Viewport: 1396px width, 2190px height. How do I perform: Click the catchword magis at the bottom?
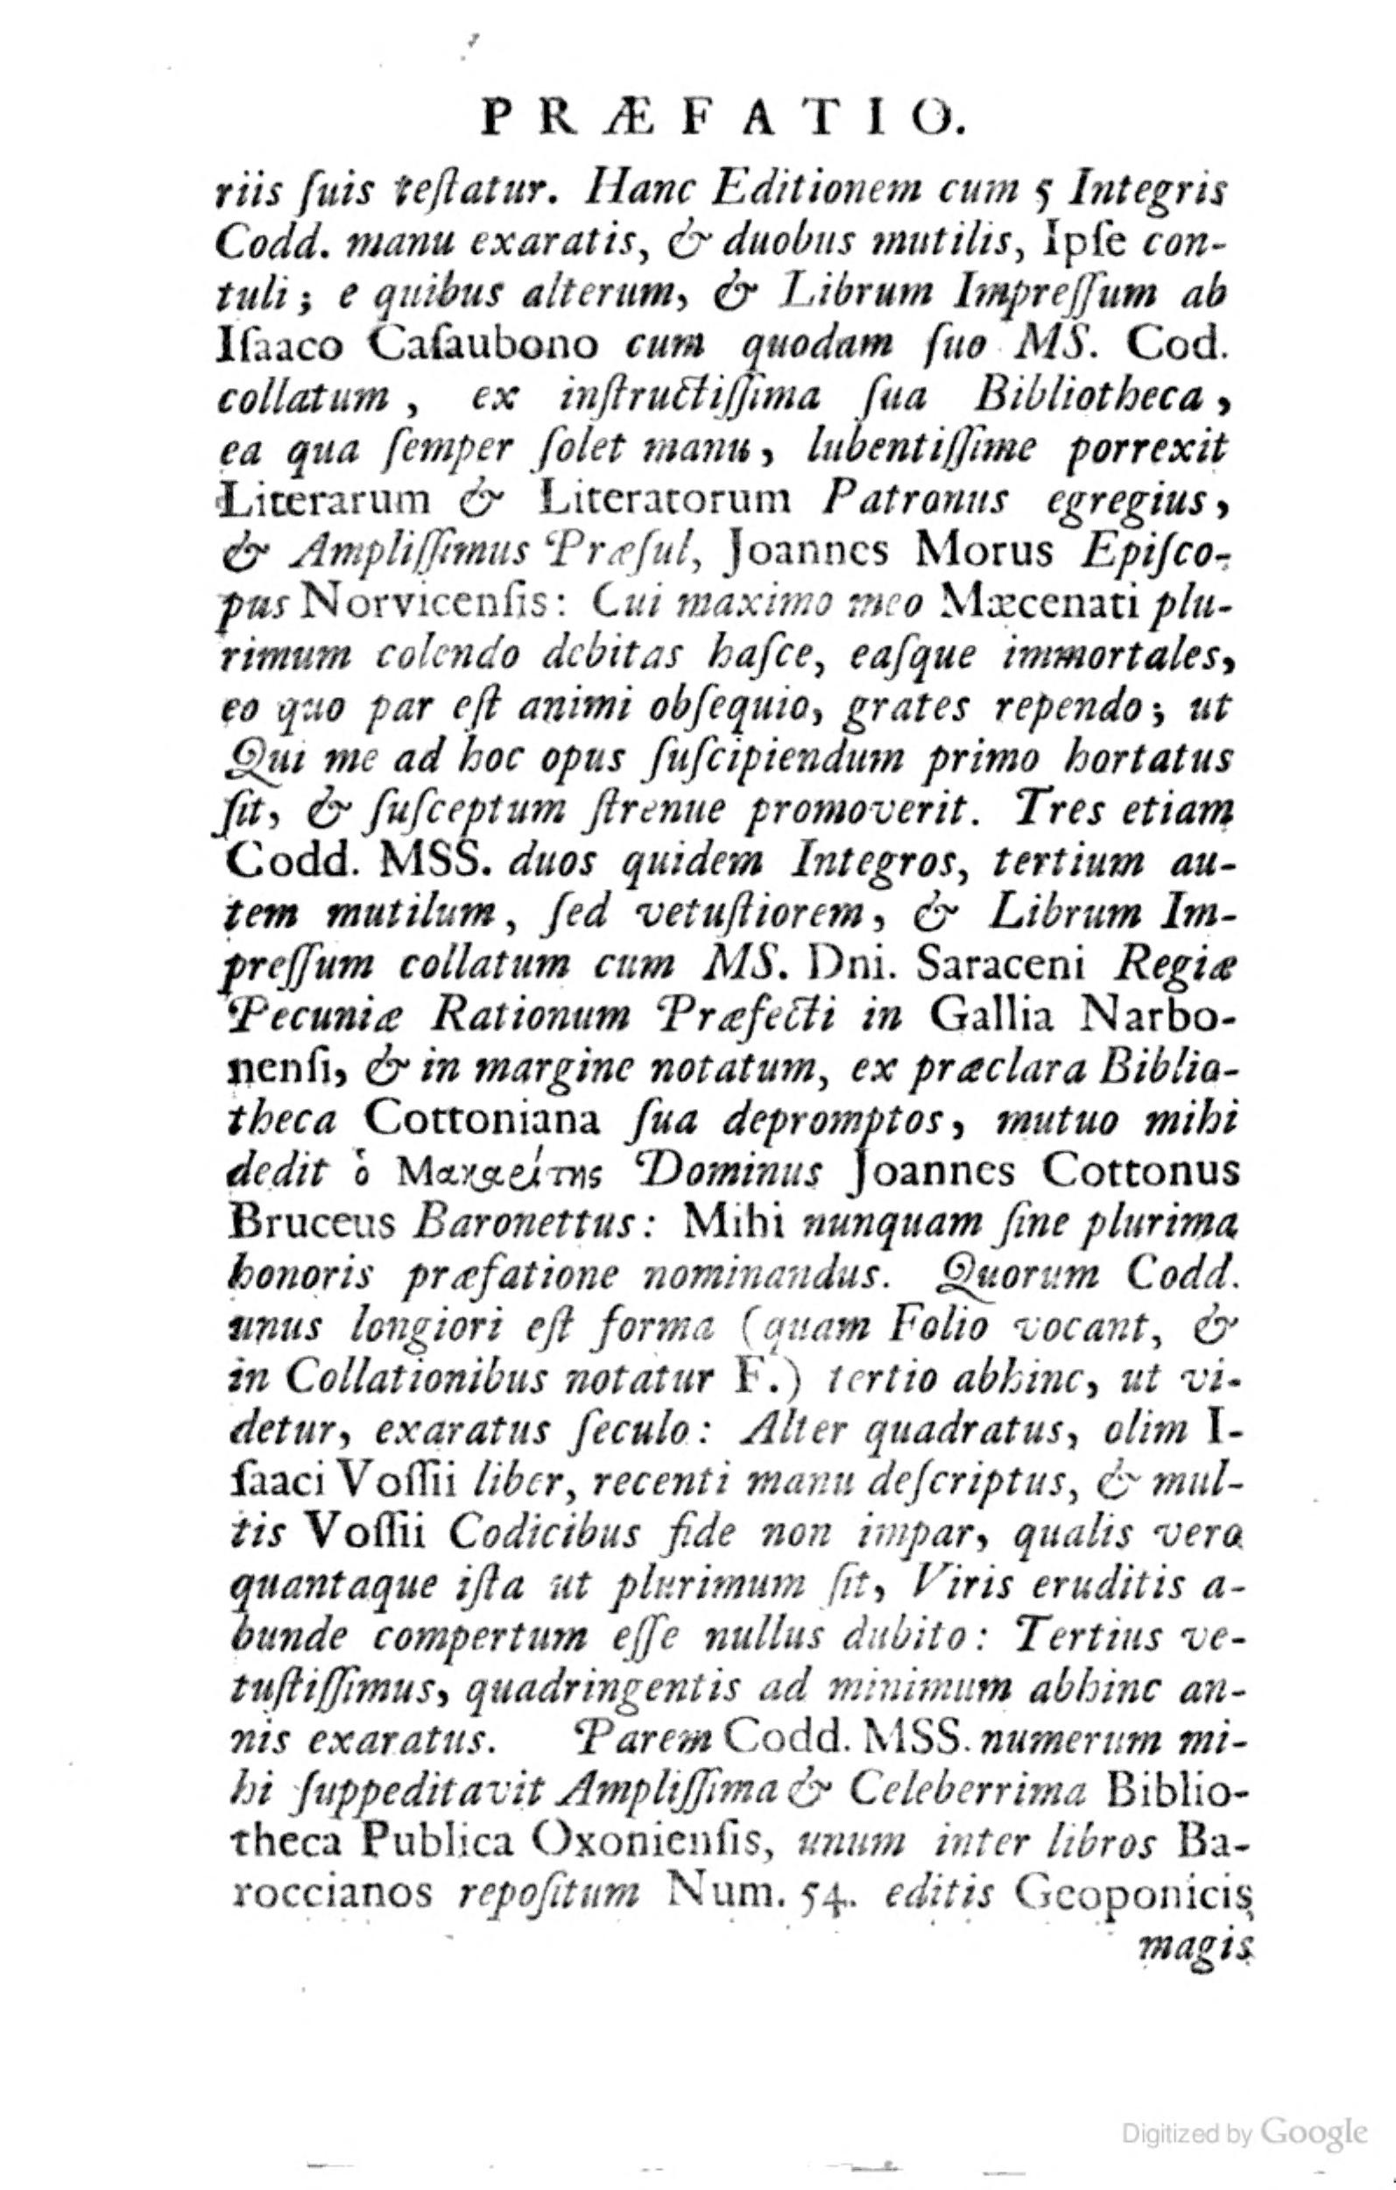click(x=1193, y=1949)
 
